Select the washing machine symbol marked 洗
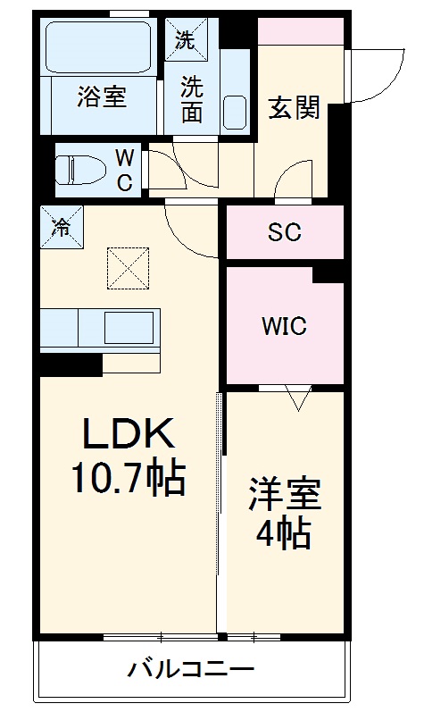(185, 39)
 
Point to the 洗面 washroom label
(192, 99)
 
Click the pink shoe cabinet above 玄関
(301, 31)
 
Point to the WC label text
(125, 171)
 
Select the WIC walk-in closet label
(284, 326)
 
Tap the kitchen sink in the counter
(129, 328)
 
